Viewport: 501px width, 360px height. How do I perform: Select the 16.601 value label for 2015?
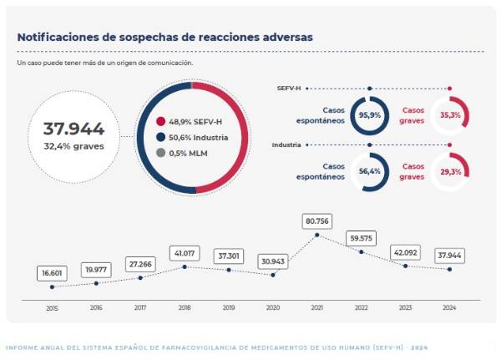[x=52, y=273]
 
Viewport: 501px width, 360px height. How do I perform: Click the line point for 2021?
[x=317, y=236]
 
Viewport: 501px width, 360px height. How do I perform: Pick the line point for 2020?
[x=273, y=275]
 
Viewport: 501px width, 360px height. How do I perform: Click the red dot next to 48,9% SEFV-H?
[x=161, y=120]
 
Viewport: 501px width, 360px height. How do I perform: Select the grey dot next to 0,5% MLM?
[x=161, y=153]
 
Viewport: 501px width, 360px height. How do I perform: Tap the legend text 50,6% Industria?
[x=203, y=137]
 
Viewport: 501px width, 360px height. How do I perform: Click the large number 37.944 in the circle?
[x=73, y=129]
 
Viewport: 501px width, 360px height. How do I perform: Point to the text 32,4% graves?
[x=73, y=145]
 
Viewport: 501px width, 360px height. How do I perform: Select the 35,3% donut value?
[x=450, y=115]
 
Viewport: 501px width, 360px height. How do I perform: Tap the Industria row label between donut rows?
[x=286, y=145]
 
